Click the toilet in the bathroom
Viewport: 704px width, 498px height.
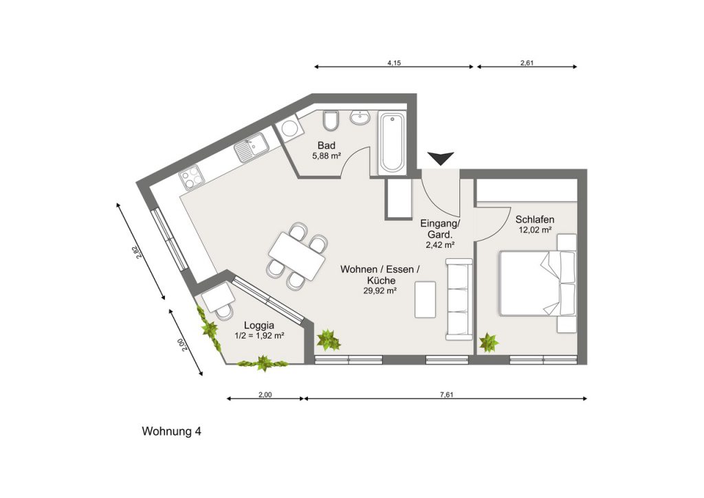click(331, 120)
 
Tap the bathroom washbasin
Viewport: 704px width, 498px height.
click(360, 117)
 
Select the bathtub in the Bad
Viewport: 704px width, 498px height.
click(392, 143)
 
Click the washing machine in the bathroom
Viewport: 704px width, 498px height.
click(289, 128)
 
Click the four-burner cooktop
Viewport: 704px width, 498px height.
click(192, 177)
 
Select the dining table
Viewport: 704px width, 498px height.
click(297, 256)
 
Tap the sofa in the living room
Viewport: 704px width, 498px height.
click(459, 299)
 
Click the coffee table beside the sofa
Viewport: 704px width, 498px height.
click(425, 299)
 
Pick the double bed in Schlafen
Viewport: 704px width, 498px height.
click(538, 283)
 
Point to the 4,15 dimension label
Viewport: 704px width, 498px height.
click(394, 63)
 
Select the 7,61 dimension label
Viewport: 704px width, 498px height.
click(447, 395)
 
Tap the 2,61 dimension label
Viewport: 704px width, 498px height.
click(527, 63)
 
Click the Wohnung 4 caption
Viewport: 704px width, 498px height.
click(171, 431)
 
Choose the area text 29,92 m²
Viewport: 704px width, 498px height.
click(379, 291)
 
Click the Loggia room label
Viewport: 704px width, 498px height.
click(259, 326)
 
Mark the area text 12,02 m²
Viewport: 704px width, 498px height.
click(535, 229)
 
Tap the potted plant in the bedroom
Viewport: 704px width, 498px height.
click(489, 343)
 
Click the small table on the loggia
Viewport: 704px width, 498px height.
click(218, 297)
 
